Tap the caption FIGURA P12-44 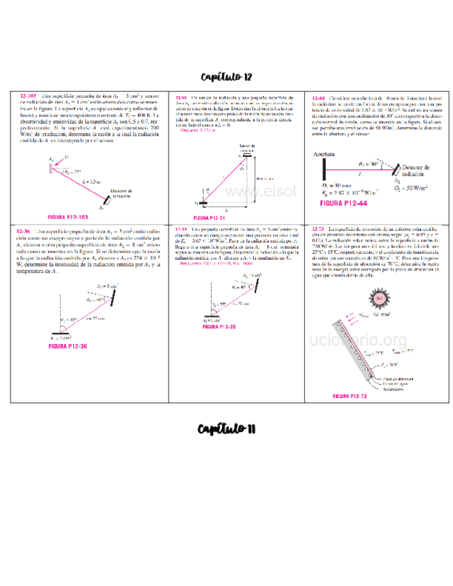[344, 204]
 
